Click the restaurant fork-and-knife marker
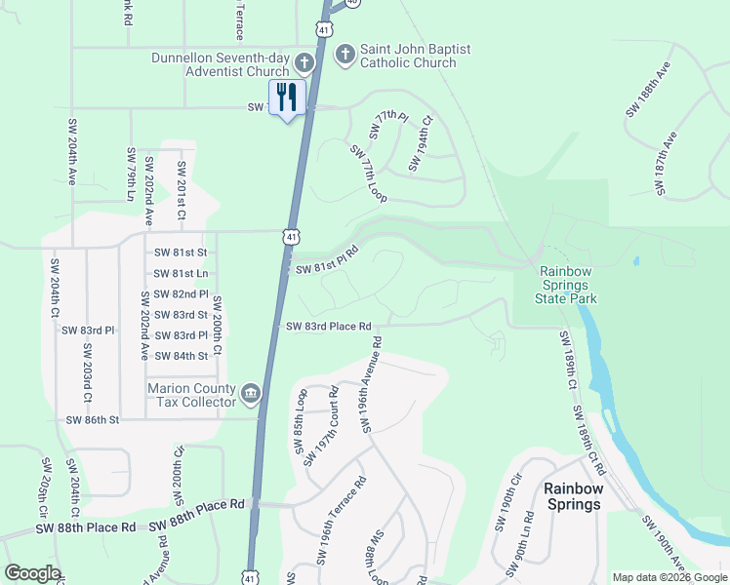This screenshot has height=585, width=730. click(287, 97)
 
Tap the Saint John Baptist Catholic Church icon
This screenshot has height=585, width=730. click(344, 55)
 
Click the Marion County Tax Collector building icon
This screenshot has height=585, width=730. click(251, 394)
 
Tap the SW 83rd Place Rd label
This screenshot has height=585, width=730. click(330, 327)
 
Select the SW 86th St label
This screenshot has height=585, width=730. click(92, 420)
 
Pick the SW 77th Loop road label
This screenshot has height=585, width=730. click(368, 174)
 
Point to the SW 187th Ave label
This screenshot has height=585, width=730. click(668, 166)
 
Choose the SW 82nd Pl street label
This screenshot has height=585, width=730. click(176, 293)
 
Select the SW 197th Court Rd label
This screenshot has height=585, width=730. click(324, 430)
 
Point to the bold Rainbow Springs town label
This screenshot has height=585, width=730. click(572, 496)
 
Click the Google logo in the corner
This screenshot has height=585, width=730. click(32, 573)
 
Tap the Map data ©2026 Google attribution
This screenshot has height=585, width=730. click(669, 577)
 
